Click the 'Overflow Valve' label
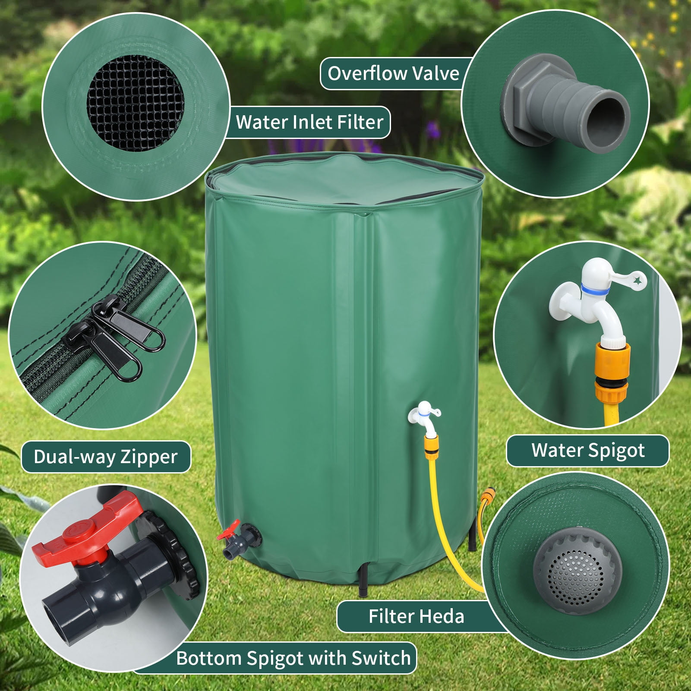pyautogui.click(x=393, y=73)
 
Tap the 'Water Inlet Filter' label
pyautogui.click(x=309, y=122)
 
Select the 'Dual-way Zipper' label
pyautogui.click(x=106, y=457)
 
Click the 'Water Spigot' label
pyautogui.click(x=588, y=451)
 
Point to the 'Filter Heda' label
pyautogui.click(x=416, y=616)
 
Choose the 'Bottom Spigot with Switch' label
pyautogui.click(x=293, y=658)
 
